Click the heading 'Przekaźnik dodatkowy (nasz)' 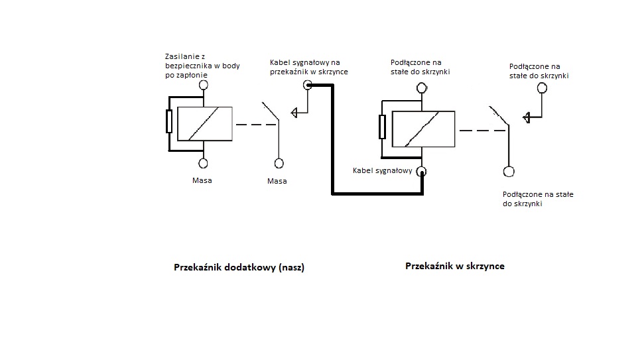[239, 268]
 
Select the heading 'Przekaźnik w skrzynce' [454, 266]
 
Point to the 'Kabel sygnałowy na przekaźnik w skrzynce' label [308, 67]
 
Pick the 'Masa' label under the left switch [277, 181]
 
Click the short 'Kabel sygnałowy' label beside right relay [383, 170]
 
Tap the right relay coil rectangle [423, 129]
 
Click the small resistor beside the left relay [169, 123]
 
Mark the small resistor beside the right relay [382, 127]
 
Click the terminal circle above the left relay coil [204, 86]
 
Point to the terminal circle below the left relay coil [204, 163]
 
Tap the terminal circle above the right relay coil [421, 87]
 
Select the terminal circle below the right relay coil [422, 172]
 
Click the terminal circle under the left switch [279, 163]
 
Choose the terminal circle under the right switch [509, 172]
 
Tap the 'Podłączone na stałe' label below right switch [538, 199]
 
